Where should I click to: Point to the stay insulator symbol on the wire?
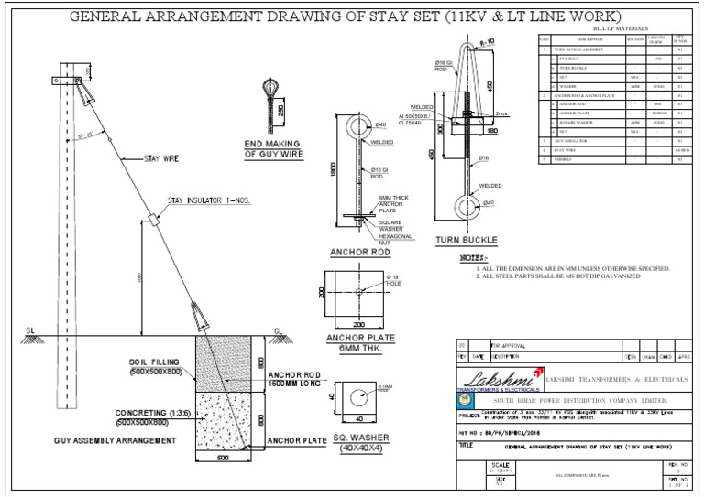[x=153, y=221]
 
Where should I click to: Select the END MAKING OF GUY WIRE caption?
[x=272, y=150]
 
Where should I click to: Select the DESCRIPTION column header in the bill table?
[x=590, y=39]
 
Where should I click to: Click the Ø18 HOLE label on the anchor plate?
[x=393, y=279]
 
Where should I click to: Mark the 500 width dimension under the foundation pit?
[x=223, y=459]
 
